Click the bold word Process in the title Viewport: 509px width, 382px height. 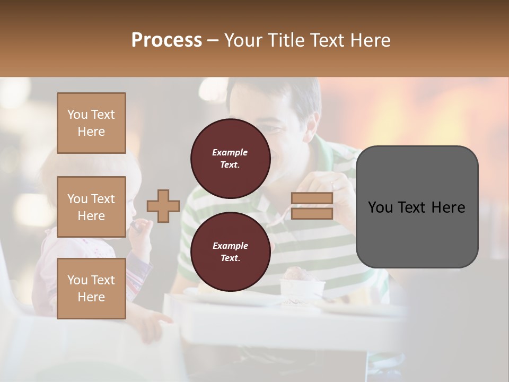pyautogui.click(x=166, y=40)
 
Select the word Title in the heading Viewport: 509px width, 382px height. pyautogui.click(x=286, y=40)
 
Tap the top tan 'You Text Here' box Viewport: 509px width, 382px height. pyautogui.click(x=91, y=123)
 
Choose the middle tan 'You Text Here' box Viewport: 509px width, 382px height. pyautogui.click(x=91, y=207)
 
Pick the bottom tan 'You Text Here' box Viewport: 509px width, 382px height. pyautogui.click(x=91, y=288)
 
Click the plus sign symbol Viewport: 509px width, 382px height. pyautogui.click(x=163, y=206)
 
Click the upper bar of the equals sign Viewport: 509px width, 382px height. pyautogui.click(x=312, y=198)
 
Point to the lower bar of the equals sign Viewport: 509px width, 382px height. pyautogui.click(x=312, y=213)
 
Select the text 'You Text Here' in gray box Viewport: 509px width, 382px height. pyautogui.click(x=417, y=207)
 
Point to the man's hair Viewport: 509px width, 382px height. pyautogui.click(x=281, y=95)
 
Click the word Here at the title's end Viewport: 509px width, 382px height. pyautogui.click(x=371, y=40)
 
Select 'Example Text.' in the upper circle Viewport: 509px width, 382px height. pyautogui.click(x=230, y=158)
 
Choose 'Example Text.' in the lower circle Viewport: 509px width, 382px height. pyautogui.click(x=230, y=251)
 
